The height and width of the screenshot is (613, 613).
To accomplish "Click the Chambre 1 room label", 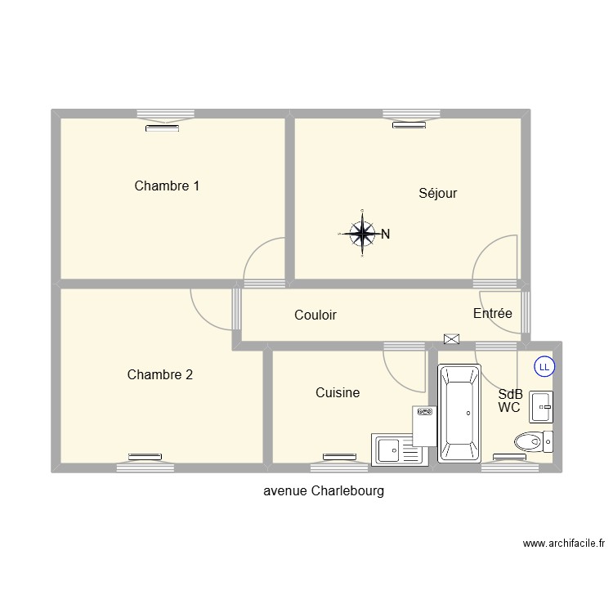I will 167,186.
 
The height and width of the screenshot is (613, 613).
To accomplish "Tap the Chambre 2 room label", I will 160,375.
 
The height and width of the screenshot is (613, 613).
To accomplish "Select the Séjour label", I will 437,194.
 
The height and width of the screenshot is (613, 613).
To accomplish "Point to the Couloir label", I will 315,315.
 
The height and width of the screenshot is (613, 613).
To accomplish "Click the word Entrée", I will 493,313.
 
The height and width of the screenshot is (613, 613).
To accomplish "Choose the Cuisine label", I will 338,393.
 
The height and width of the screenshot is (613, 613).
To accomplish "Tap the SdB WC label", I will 510,400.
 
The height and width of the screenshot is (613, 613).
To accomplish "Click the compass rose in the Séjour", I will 360,234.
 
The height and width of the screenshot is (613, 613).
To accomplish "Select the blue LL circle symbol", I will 544,367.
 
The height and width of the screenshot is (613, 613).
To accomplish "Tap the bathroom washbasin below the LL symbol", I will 541,406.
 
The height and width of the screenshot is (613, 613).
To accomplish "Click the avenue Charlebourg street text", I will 324,492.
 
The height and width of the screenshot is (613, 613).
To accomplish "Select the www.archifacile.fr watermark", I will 563,543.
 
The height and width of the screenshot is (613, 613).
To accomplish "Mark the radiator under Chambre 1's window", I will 163,128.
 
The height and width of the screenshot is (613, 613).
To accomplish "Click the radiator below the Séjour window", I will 409,125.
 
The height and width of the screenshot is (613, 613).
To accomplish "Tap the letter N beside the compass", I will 385,235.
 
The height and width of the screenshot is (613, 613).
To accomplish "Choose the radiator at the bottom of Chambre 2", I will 144,457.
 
